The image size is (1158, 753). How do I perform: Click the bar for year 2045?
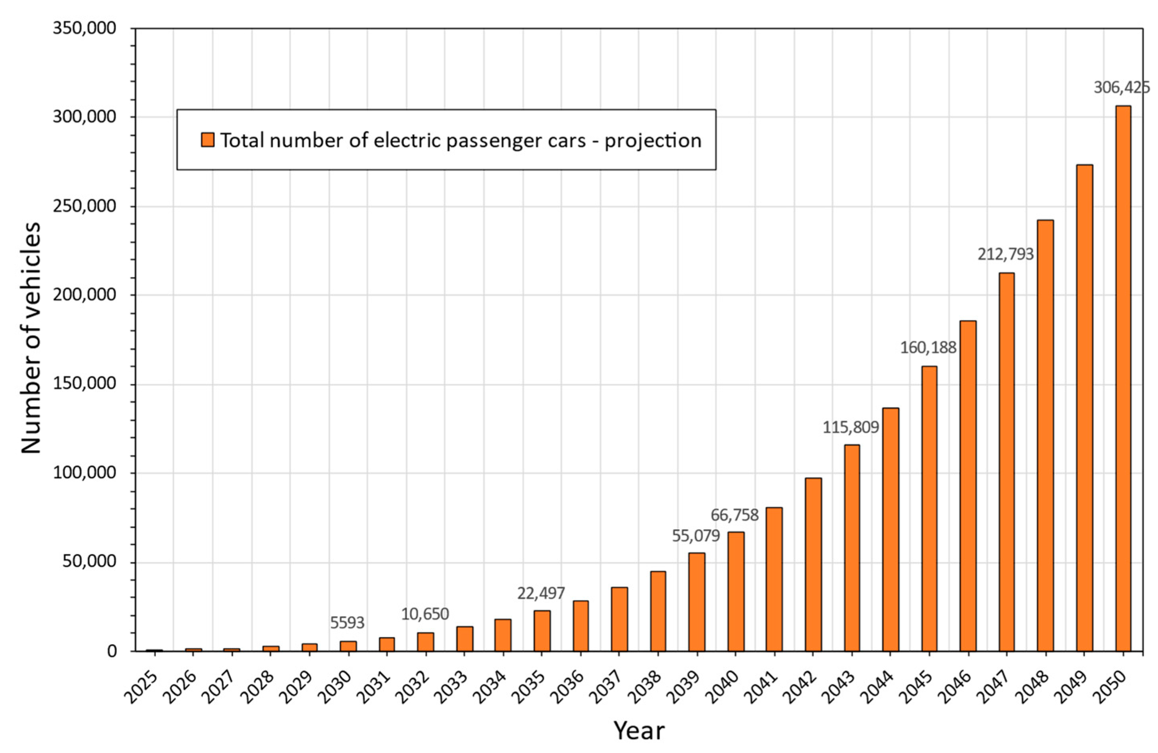pos(929,508)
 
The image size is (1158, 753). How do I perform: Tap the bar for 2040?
pos(736,591)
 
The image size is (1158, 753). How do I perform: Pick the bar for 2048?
pos(1046,435)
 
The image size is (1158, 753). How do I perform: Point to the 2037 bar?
pos(619,619)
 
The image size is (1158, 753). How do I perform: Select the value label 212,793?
pos(1006,254)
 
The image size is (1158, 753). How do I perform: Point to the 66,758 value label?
pos(735,515)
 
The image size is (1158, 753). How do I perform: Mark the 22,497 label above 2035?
pos(541,593)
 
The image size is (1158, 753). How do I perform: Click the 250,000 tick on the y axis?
pos(85,206)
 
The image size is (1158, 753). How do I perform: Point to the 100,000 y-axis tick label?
pos(85,473)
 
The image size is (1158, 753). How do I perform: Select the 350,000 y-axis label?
pos(85,28)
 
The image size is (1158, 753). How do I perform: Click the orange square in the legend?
pos(208,140)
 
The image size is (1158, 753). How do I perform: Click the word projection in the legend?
pos(653,140)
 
